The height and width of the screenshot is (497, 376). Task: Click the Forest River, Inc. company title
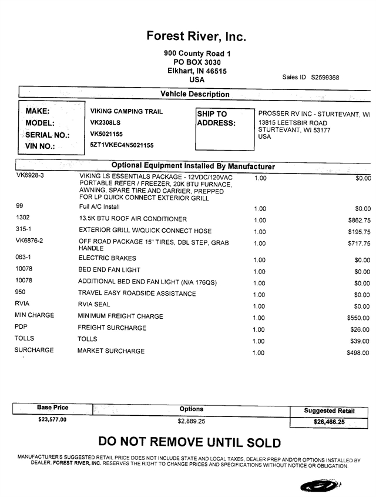pyautogui.click(x=196, y=36)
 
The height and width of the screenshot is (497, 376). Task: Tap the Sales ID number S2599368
pyautogui.click(x=325, y=77)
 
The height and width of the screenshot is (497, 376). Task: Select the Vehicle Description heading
pyautogui.click(x=195, y=94)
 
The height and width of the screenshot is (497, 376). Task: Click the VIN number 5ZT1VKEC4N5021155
pyautogui.click(x=122, y=145)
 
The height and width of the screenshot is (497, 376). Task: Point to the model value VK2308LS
pyautogui.click(x=106, y=123)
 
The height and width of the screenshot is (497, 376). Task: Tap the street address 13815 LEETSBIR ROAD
pyautogui.click(x=293, y=123)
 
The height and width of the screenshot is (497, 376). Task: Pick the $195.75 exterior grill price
pyautogui.click(x=358, y=231)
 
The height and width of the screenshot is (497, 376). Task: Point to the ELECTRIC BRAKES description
pyautogui.click(x=107, y=258)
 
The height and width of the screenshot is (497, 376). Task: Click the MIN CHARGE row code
pyautogui.click(x=34, y=315)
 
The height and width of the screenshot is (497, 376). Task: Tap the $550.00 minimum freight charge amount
pyautogui.click(x=358, y=318)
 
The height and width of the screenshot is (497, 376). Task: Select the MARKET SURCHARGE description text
pyautogui.click(x=111, y=351)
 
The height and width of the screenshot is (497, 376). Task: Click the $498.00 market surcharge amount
pyautogui.click(x=358, y=353)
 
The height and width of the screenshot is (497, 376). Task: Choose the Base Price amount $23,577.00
pyautogui.click(x=52, y=420)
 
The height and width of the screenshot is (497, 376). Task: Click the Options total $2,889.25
pyautogui.click(x=192, y=421)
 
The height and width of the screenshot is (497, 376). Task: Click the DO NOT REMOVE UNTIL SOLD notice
pyautogui.click(x=189, y=442)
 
